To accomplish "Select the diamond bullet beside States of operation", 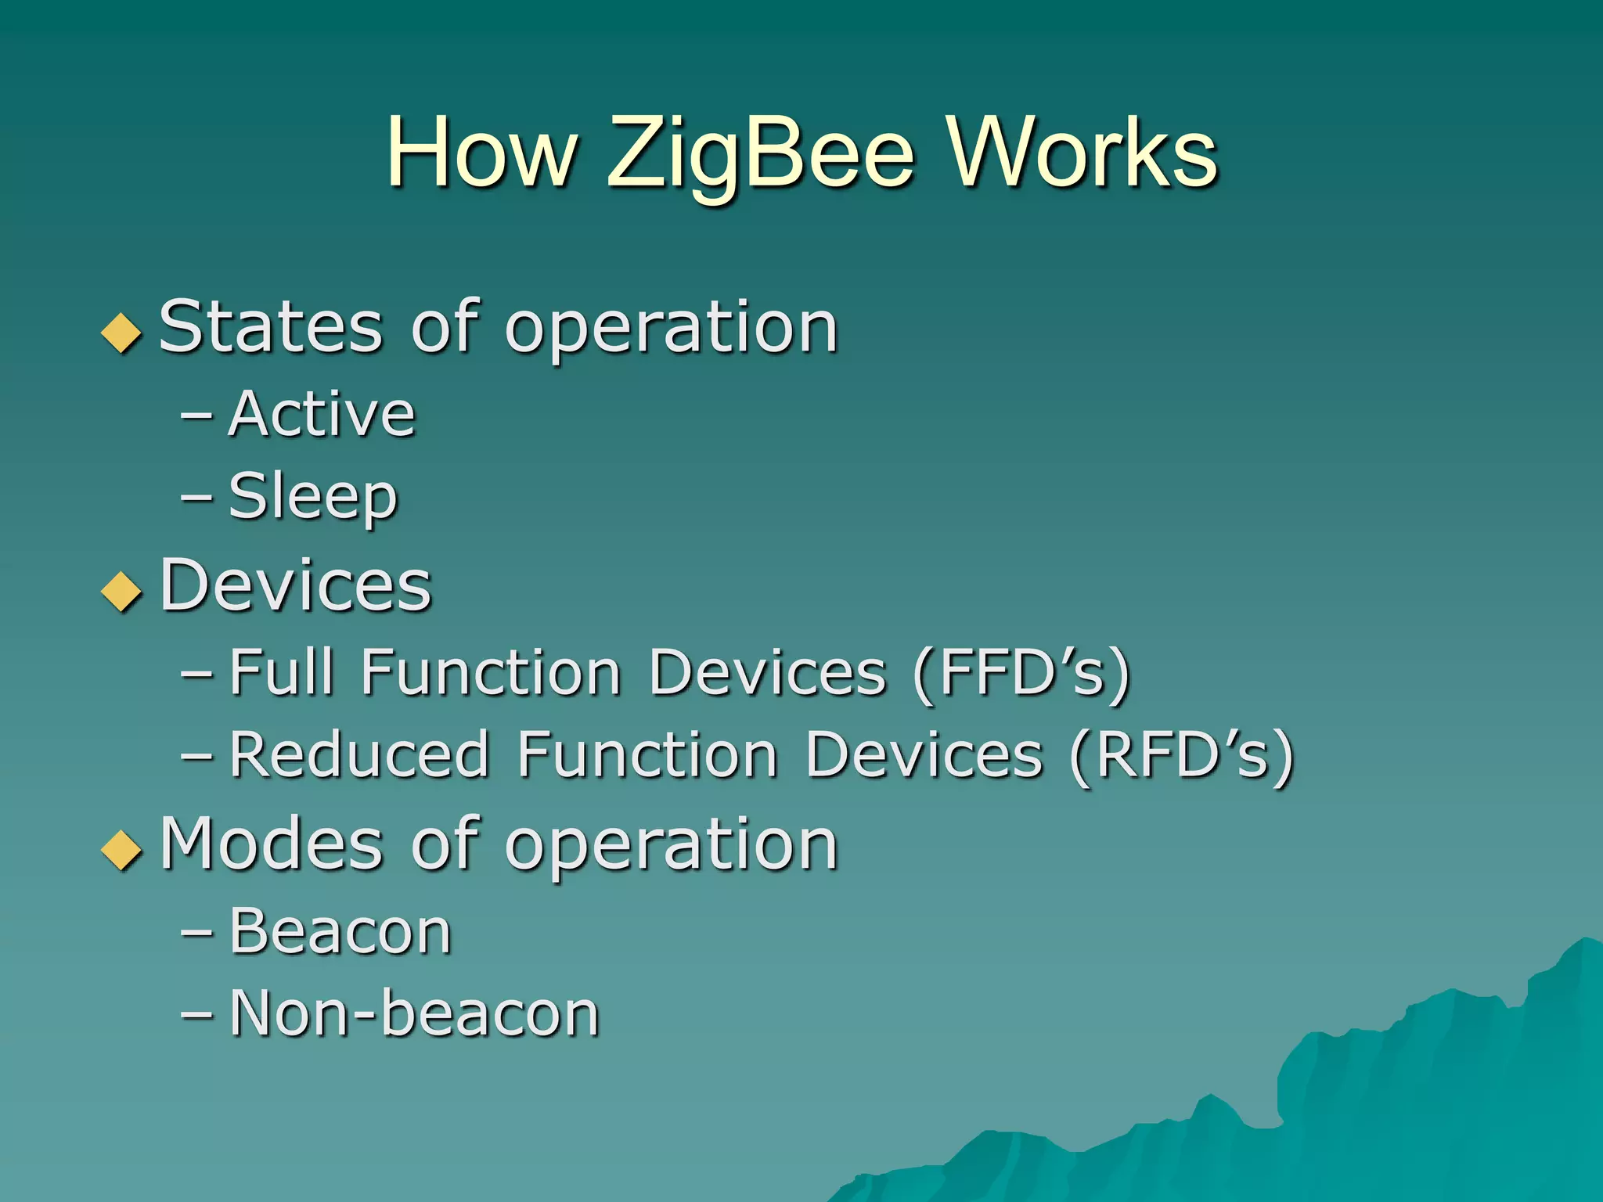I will click(x=121, y=333).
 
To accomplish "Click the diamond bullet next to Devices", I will click(x=121, y=591).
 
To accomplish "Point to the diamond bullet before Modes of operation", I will click(x=121, y=849).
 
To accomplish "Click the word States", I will click(x=271, y=327).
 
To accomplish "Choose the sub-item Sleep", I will click(x=313, y=496).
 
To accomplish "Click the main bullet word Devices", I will click(x=296, y=585).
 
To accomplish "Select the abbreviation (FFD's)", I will click(x=1022, y=673).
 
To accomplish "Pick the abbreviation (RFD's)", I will click(x=1182, y=756).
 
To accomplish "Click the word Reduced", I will click(x=359, y=754).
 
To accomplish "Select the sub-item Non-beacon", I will click(x=415, y=1013).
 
